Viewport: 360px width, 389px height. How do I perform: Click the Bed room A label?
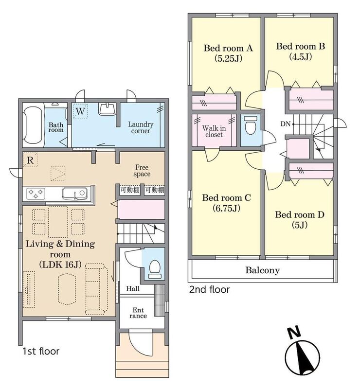tap(228, 48)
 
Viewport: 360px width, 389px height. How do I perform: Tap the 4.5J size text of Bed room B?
tap(301, 57)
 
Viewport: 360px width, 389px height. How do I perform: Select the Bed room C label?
tap(226, 198)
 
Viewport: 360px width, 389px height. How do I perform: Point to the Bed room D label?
tap(300, 214)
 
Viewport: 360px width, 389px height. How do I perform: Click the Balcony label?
tap(262, 270)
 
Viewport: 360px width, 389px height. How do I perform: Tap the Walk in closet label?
tap(214, 131)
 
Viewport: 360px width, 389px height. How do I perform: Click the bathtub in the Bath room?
tap(33, 125)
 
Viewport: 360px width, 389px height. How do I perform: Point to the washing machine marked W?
tap(80, 111)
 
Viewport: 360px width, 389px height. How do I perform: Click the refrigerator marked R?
tap(30, 160)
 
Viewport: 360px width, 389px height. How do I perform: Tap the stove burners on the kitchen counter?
tap(36, 194)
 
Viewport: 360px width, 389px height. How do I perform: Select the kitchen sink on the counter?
tap(75, 194)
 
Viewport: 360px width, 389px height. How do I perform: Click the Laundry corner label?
tap(141, 127)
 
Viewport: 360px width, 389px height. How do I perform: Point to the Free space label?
tap(142, 171)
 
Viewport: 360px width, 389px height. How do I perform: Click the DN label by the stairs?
tap(285, 124)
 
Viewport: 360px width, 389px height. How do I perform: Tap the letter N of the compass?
tap(294, 333)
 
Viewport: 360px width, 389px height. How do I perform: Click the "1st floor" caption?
tap(41, 351)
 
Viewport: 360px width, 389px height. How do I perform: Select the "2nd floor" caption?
tap(209, 289)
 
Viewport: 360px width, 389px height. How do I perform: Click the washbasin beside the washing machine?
tap(107, 109)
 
